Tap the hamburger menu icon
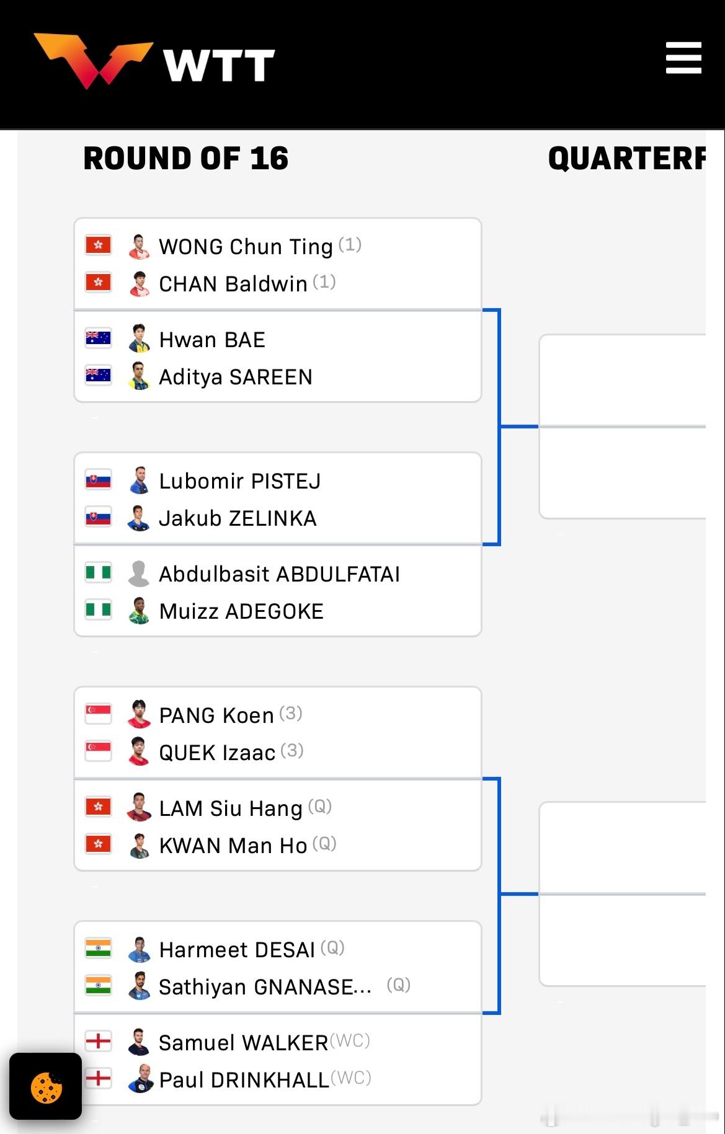[683, 58]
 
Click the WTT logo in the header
[155, 61]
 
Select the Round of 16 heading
[186, 158]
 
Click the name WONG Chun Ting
[246, 247]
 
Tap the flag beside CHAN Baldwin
[98, 282]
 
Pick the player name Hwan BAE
[212, 340]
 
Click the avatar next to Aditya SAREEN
[139, 376]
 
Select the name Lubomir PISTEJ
[239, 481]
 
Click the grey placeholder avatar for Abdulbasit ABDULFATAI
[139, 574]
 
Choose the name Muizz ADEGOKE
[241, 611]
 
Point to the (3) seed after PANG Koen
[290, 714]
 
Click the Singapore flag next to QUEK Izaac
[98, 751]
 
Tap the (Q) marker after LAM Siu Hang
[320, 807]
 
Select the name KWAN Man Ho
[233, 846]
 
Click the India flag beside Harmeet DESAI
[98, 948]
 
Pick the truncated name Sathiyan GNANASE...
[265, 987]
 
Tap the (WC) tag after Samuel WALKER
[350, 1040]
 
